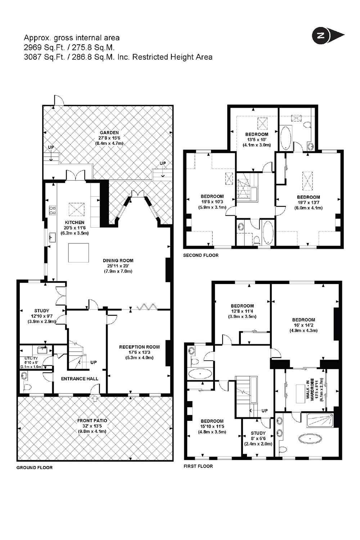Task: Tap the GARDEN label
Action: [x=109, y=132]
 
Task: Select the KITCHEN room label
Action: [x=75, y=222]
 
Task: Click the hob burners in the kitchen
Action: [x=53, y=210]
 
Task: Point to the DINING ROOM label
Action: [x=118, y=261]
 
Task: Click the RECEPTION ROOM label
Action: [x=139, y=347]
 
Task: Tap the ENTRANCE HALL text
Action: [x=80, y=379]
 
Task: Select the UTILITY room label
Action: [x=31, y=359]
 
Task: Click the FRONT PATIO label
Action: [x=92, y=421]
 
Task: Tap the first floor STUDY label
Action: [x=258, y=433]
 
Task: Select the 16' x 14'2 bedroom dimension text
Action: [x=303, y=325]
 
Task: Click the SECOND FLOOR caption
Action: [x=201, y=255]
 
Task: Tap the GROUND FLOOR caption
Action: [x=35, y=467]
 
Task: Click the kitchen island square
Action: [x=78, y=253]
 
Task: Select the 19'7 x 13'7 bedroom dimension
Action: [x=309, y=202]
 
